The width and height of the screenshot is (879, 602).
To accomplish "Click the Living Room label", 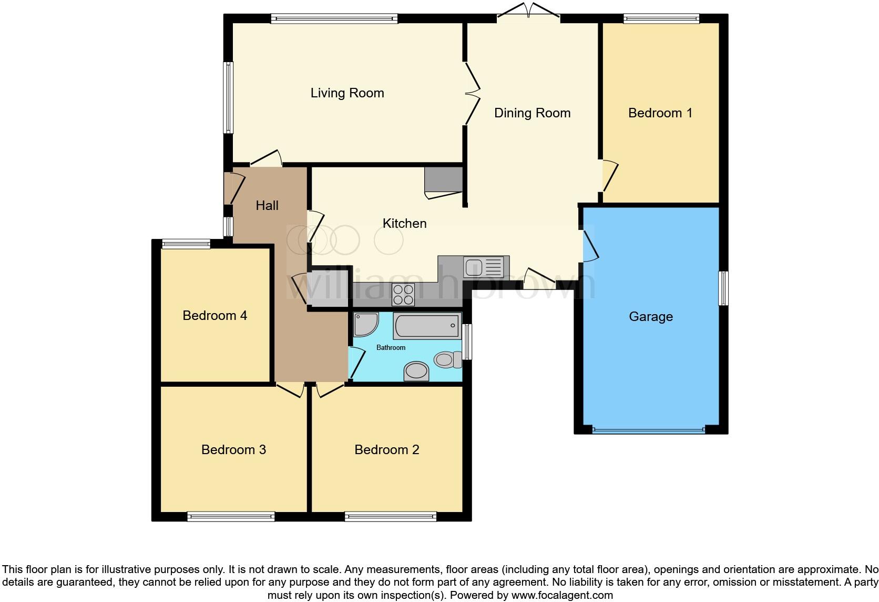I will [347, 93].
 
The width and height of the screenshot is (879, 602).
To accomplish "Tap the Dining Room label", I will [532, 113].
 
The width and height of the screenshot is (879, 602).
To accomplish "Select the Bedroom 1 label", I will [660, 113].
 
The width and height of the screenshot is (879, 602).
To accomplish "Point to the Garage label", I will [650, 317].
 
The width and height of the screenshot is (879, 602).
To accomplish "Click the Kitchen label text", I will [404, 224].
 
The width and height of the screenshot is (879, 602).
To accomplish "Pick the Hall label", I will [267, 206].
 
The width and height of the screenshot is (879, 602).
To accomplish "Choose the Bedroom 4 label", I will [214, 316].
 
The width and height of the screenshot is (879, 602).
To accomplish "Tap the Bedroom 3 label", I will [233, 450].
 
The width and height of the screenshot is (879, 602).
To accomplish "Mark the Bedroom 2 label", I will [386, 450].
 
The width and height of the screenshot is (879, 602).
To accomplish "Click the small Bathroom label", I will [391, 348].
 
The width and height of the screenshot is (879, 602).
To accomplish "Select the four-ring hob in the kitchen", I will [403, 295].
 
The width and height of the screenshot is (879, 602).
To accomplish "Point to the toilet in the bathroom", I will [446, 360].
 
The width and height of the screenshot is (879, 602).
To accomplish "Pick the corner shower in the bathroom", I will [364, 324].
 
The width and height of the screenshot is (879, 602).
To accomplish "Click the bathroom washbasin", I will [416, 371].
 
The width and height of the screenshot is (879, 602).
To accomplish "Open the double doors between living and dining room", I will [472, 94].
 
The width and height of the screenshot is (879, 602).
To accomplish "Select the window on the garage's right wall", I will [724, 288].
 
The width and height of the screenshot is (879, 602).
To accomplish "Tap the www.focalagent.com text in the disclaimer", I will [562, 596].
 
